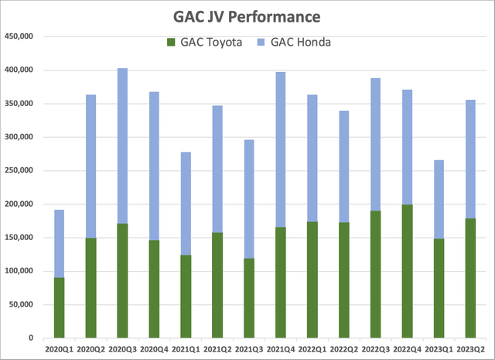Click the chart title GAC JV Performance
tap(247, 16)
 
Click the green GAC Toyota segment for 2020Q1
tap(59, 308)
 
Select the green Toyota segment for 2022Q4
tap(407, 271)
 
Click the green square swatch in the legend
tap(170, 42)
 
